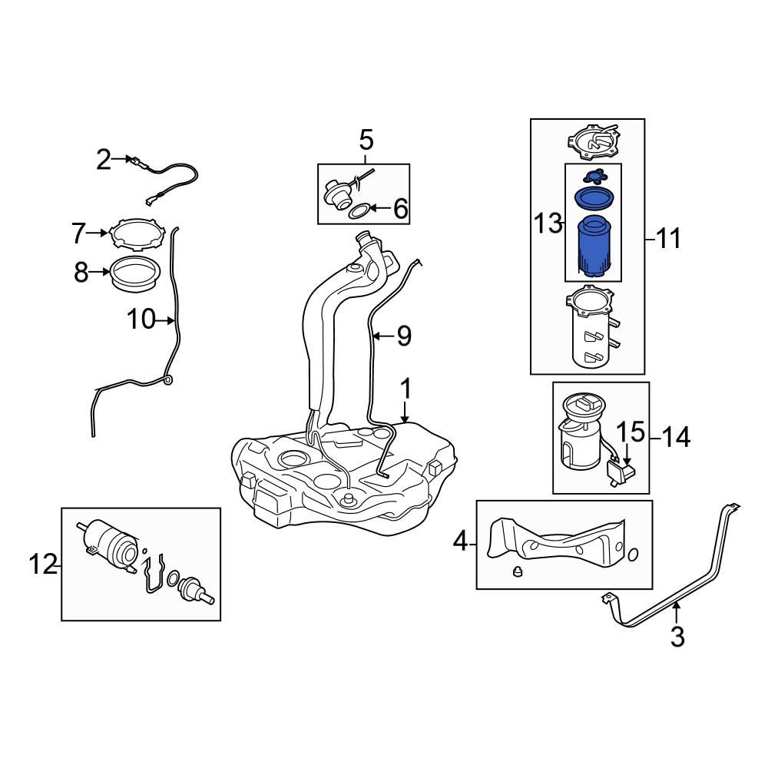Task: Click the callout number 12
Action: [x=44, y=564]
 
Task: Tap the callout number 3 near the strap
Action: [x=677, y=637]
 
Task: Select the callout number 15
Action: [x=631, y=432]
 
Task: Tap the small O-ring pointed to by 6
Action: [x=359, y=212]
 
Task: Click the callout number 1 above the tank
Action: [x=406, y=389]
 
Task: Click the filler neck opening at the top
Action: [x=367, y=239]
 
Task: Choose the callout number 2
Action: [x=104, y=160]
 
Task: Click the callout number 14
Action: [x=676, y=436]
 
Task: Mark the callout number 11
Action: [x=668, y=239]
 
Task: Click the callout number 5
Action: [x=366, y=140]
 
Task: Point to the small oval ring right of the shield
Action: [x=632, y=554]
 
